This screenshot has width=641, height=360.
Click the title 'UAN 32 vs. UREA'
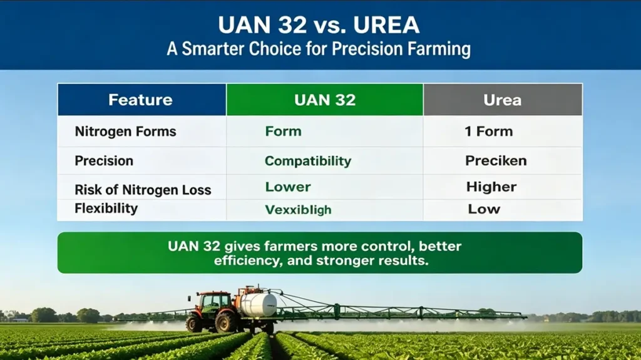(x=320, y=25)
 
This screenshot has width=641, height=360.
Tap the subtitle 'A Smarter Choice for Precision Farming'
(x=320, y=49)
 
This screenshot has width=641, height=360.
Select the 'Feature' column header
(x=140, y=100)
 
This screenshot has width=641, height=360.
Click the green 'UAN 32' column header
(x=325, y=100)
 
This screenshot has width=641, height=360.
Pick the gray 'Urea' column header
(x=502, y=100)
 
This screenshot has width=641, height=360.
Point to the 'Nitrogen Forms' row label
(x=125, y=131)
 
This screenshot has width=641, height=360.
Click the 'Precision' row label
(x=104, y=161)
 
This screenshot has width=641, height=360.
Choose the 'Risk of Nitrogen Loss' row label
(x=143, y=190)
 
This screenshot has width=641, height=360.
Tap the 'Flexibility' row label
(x=106, y=208)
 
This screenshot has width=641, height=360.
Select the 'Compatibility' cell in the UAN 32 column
(x=308, y=161)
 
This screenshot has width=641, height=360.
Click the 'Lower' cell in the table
(x=288, y=187)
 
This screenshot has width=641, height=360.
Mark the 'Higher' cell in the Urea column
(x=491, y=187)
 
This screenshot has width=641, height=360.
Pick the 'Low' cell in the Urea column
(x=484, y=209)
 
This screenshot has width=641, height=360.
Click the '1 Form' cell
(x=488, y=131)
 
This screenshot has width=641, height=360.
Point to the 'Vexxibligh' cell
(x=298, y=209)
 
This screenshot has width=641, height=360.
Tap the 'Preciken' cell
(x=496, y=161)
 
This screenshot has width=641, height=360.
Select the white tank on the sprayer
(x=259, y=305)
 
